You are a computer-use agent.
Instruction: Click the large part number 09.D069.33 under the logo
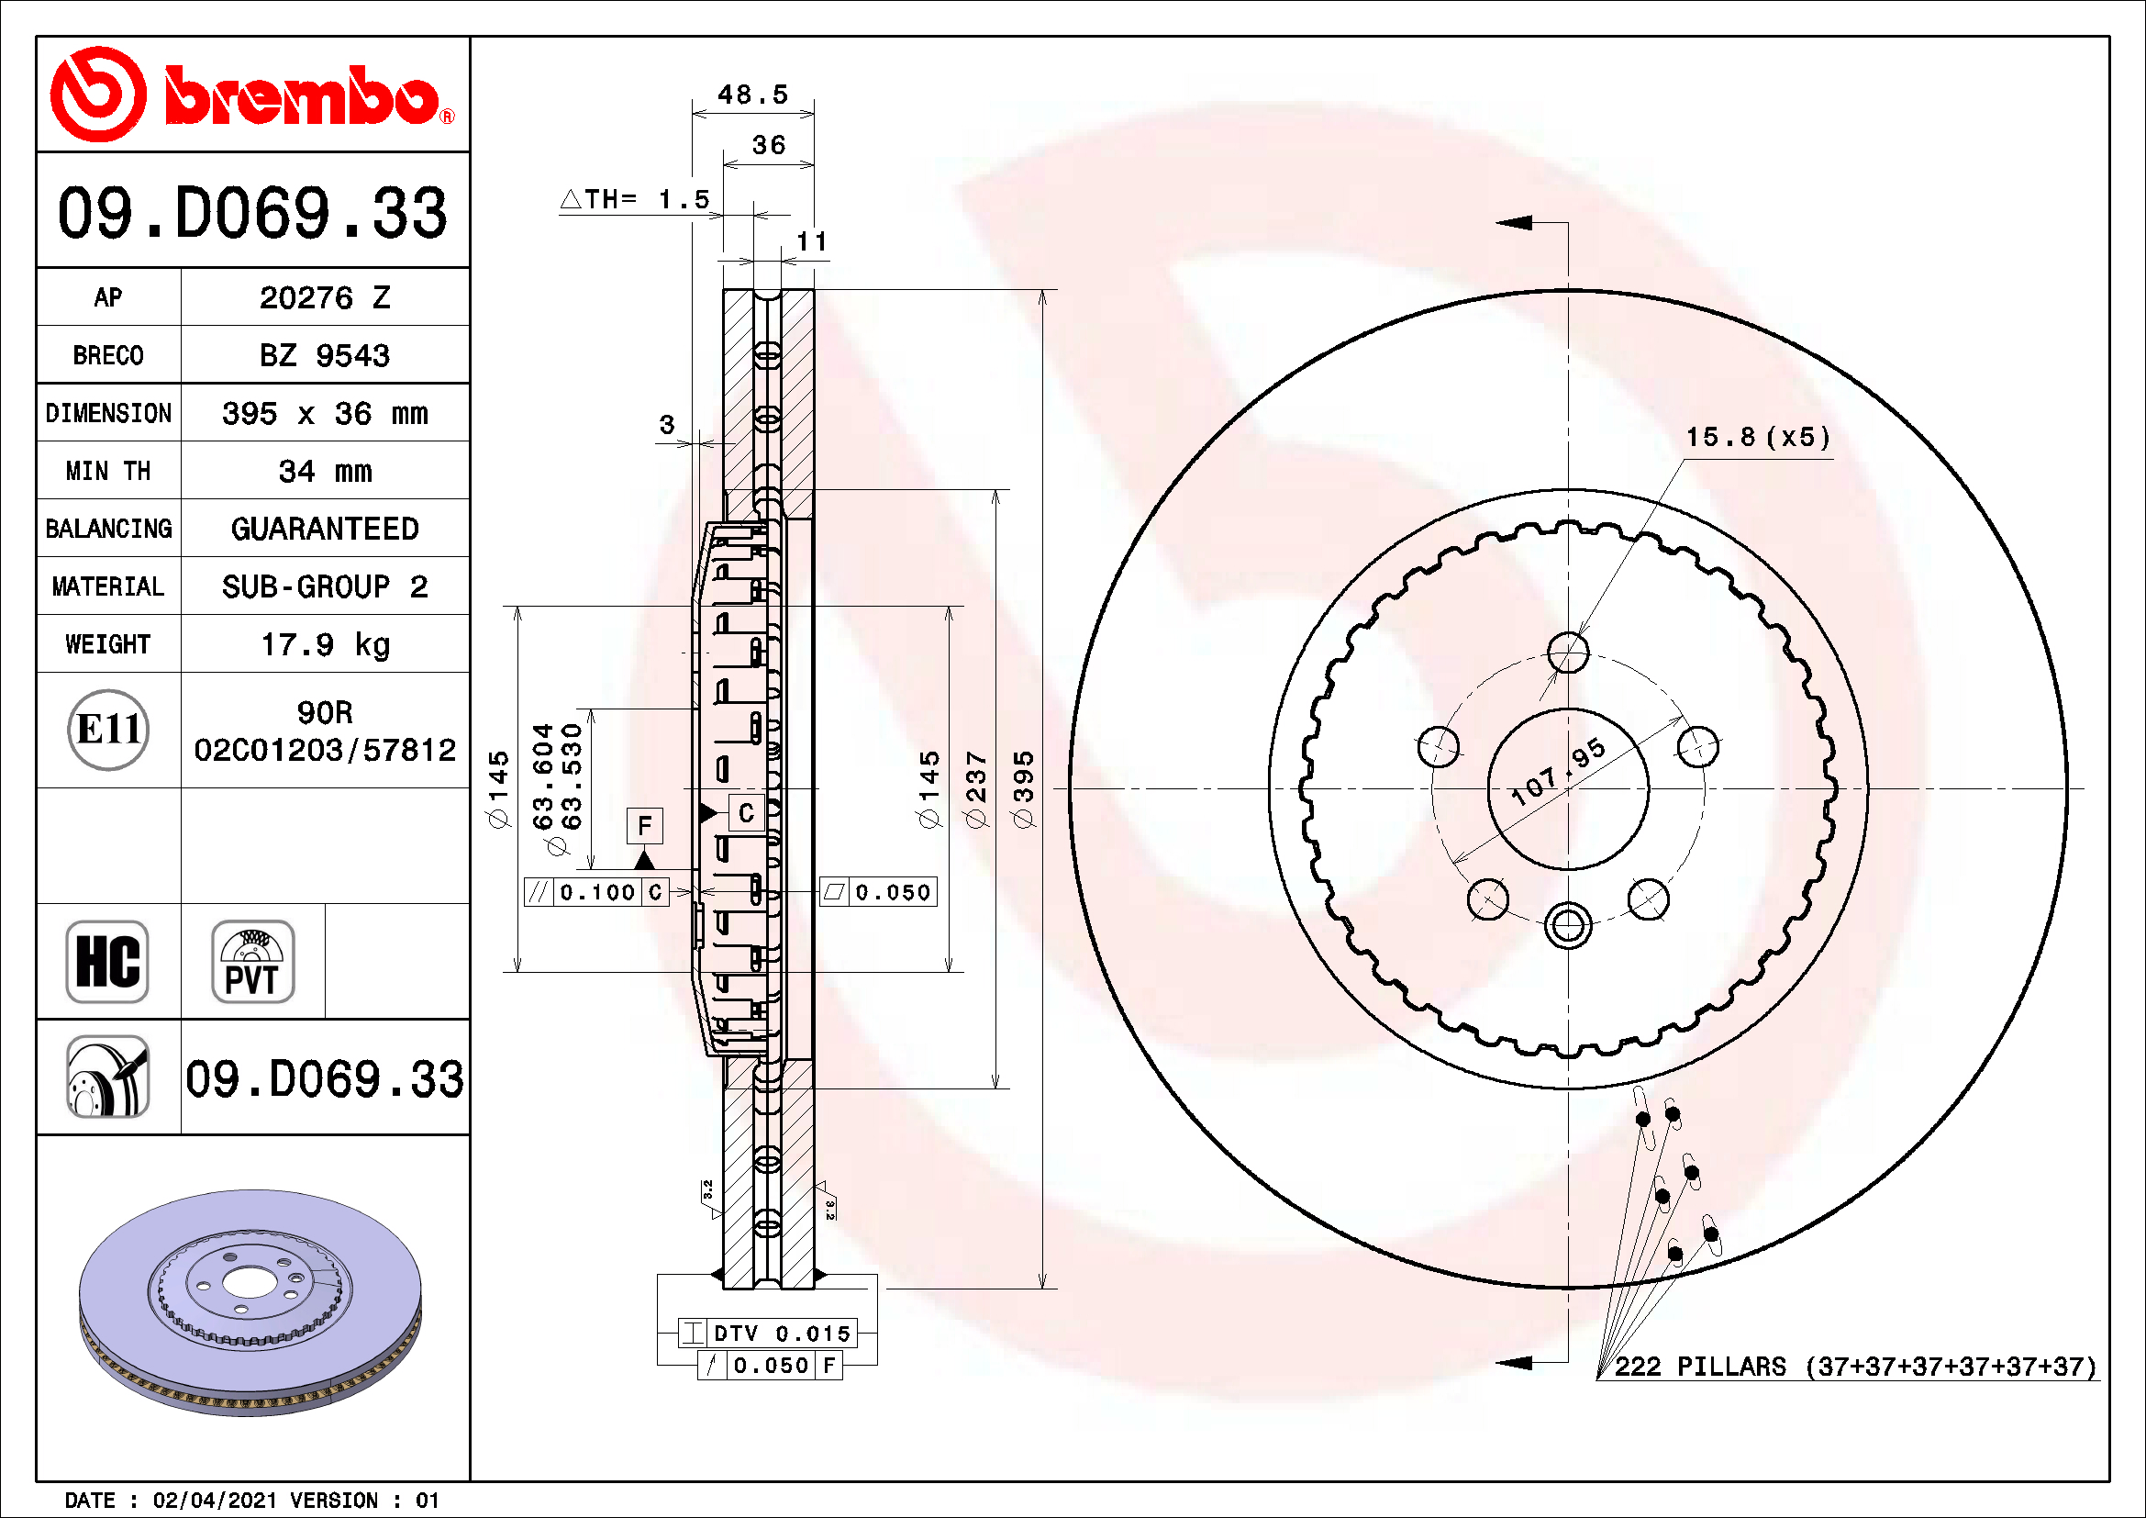click(252, 213)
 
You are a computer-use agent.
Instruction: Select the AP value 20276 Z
click(324, 298)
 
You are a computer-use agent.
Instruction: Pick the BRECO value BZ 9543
click(324, 356)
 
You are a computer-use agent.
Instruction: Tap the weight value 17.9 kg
click(324, 645)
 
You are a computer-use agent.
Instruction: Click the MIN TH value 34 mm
click(324, 472)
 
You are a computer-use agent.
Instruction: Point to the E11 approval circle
click(108, 730)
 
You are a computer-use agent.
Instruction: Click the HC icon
click(107, 961)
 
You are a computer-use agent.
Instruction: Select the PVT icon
click(252, 961)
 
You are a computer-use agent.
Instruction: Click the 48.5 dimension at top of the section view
click(752, 95)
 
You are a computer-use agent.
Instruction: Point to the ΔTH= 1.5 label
click(635, 199)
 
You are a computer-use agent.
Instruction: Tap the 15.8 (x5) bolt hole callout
click(1757, 438)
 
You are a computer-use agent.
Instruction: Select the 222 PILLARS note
click(1854, 1367)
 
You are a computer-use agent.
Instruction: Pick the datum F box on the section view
click(644, 825)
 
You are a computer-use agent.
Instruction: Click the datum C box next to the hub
click(746, 813)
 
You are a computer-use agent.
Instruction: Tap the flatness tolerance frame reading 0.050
click(878, 893)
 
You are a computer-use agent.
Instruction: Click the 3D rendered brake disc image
click(250, 1302)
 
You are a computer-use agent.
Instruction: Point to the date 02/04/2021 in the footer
click(214, 1501)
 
